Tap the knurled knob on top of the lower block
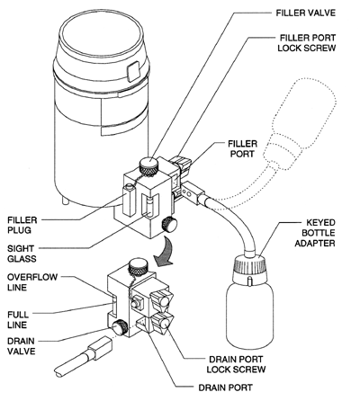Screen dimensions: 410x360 click(137, 267)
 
